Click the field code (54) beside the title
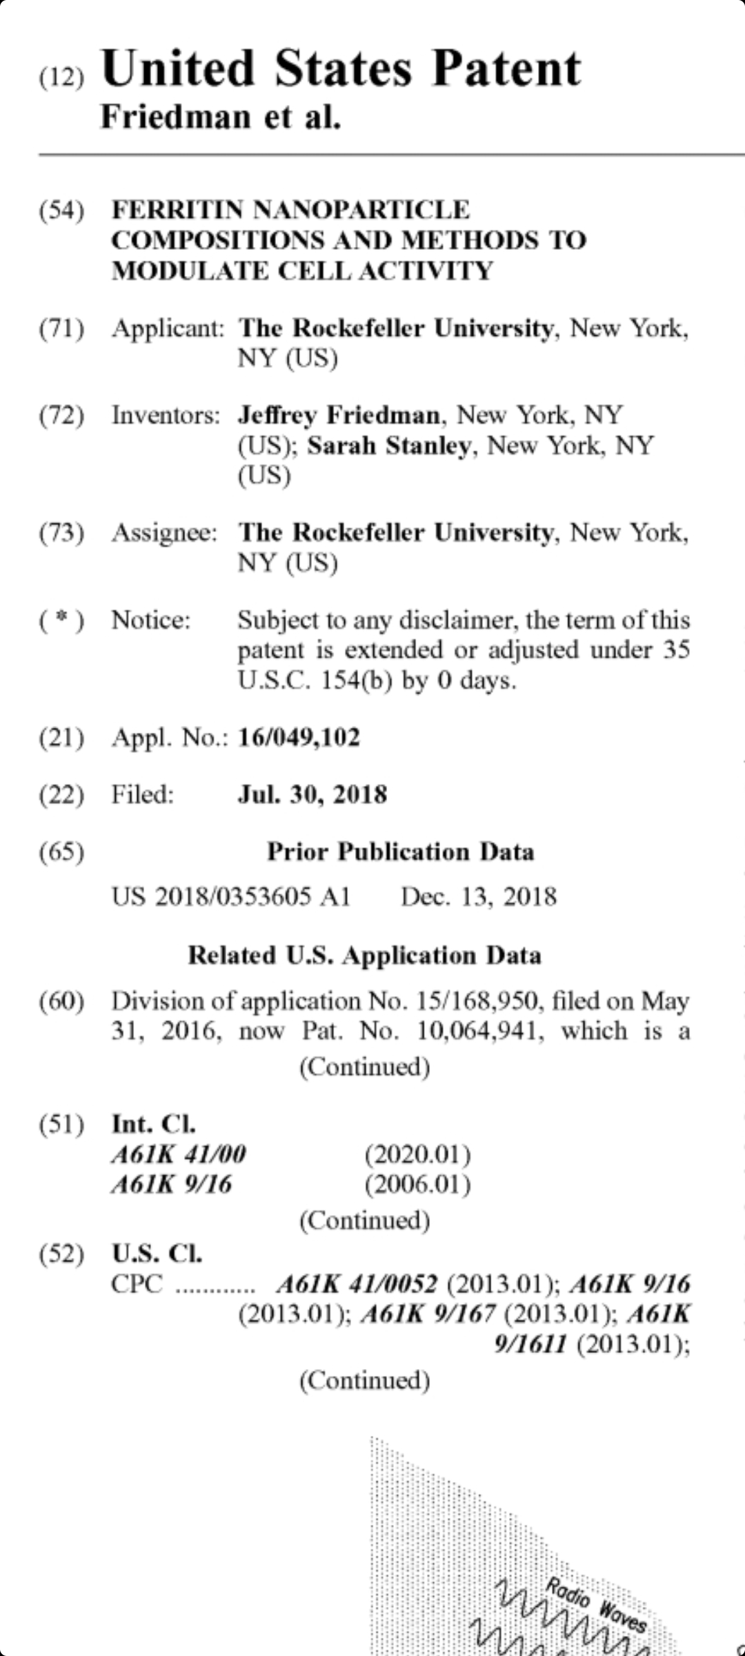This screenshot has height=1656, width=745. (x=61, y=210)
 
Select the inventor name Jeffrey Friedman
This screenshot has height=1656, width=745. (x=339, y=415)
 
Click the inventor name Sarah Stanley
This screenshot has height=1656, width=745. (x=388, y=446)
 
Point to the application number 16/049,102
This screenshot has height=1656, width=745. (x=299, y=738)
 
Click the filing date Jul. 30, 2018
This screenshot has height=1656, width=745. (x=312, y=795)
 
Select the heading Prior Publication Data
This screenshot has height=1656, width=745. (x=400, y=852)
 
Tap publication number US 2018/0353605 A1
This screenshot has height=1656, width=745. (x=231, y=897)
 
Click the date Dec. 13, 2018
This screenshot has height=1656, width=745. (x=479, y=897)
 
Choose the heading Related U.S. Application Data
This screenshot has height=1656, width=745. (x=364, y=956)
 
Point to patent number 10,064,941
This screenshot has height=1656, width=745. (x=479, y=1032)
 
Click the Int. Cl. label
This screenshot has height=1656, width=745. (x=153, y=1124)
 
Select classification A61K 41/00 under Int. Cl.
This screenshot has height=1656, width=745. (x=179, y=1154)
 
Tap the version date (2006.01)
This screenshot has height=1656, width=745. (x=417, y=1185)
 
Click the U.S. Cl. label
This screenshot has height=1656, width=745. (x=157, y=1253)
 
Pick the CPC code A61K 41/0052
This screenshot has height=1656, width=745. (x=357, y=1284)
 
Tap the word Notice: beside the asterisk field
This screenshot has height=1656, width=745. (x=150, y=620)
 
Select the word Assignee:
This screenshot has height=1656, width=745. (x=164, y=533)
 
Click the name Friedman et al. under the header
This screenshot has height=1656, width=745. (x=221, y=117)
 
